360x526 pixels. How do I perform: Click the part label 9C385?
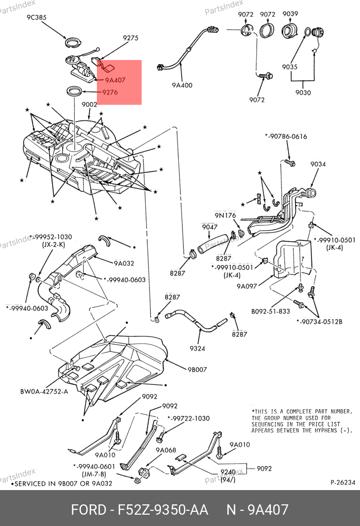(x=36, y=18)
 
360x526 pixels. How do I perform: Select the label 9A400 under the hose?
(x=182, y=85)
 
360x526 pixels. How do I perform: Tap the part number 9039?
(x=290, y=14)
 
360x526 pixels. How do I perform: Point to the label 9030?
(x=303, y=92)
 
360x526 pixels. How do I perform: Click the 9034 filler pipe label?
(x=318, y=164)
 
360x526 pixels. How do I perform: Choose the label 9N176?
(x=225, y=216)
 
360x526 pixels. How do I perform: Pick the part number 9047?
(x=210, y=227)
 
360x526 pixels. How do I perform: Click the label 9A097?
(x=247, y=286)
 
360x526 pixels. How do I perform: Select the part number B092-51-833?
(x=270, y=311)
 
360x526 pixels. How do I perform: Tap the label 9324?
(x=197, y=348)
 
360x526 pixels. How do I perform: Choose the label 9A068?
(x=166, y=450)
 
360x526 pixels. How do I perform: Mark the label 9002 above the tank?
(x=90, y=105)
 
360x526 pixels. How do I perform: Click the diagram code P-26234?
(x=342, y=483)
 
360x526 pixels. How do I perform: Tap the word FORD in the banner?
(x=89, y=509)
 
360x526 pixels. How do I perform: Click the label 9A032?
(x=124, y=263)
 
